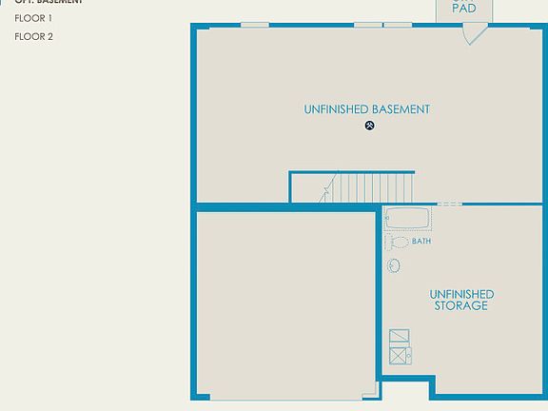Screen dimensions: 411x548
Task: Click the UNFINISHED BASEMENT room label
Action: (366, 109)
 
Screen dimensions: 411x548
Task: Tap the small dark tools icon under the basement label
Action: (370, 126)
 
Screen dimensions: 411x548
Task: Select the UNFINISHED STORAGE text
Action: (461, 300)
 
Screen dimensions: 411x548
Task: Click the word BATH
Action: (421, 242)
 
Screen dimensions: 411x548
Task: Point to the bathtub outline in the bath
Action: (407, 219)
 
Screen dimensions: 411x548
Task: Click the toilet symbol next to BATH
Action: (398, 242)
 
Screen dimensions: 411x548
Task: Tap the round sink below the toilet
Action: (394, 265)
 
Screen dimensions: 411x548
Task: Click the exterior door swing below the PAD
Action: (473, 34)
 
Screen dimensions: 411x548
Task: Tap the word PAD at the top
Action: (464, 9)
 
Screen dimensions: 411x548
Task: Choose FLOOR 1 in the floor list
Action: (33, 18)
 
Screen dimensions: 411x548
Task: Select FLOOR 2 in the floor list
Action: (33, 36)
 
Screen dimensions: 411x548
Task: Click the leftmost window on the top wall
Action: (254, 24)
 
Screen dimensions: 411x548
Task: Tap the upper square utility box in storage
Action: (400, 336)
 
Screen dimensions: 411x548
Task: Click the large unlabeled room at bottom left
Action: (285, 304)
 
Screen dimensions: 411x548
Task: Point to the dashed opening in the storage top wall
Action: (450, 205)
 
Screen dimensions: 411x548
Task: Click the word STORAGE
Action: (461, 306)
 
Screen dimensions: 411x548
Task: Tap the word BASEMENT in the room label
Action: (401, 109)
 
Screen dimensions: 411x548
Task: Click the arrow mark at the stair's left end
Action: (326, 190)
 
